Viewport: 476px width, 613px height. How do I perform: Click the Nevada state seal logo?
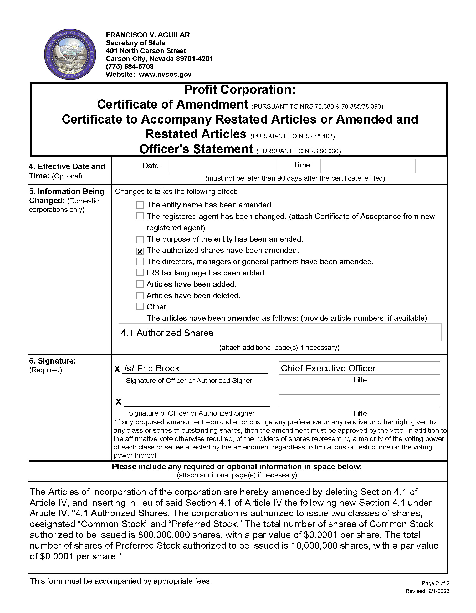(70, 54)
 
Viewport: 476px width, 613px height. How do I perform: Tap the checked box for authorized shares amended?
(140, 251)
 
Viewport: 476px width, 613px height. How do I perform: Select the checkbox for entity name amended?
(140, 205)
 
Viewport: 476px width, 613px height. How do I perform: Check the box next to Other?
(140, 306)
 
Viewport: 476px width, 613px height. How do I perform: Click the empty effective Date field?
(223, 166)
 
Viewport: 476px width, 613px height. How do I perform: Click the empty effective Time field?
(368, 166)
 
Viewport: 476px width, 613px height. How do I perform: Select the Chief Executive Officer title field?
(359, 368)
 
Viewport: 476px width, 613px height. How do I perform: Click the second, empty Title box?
(359, 401)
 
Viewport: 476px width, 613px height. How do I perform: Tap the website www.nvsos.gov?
(165, 74)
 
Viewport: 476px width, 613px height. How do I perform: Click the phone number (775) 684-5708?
(130, 67)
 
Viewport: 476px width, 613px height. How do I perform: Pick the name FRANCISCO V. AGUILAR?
(148, 35)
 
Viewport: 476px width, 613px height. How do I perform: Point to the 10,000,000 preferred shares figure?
(314, 545)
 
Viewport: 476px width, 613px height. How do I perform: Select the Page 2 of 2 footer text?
(435, 583)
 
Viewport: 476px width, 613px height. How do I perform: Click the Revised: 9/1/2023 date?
(427, 591)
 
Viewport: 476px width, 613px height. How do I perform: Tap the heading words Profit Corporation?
(240, 90)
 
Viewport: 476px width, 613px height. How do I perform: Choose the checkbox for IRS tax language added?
(140, 273)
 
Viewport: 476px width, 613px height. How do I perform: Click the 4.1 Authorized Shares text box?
(280, 333)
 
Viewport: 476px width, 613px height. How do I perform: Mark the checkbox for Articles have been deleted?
(140, 295)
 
